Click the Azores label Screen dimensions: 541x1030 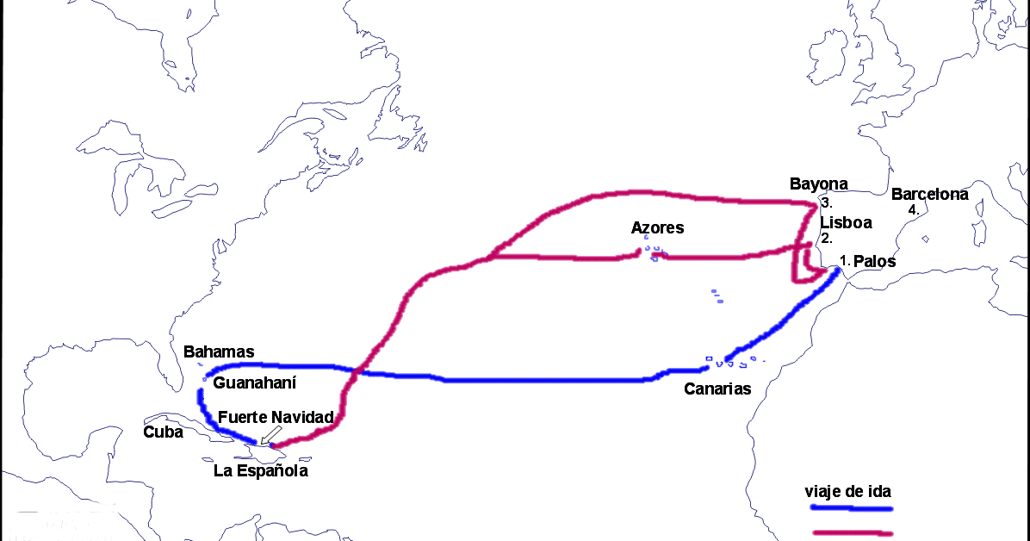(x=657, y=228)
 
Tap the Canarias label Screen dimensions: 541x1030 (x=717, y=389)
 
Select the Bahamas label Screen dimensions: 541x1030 (x=219, y=351)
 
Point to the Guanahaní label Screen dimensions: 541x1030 (x=254, y=382)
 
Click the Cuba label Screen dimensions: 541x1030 (x=163, y=432)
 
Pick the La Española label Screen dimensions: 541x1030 (x=260, y=471)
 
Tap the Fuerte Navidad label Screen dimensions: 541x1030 (x=276, y=417)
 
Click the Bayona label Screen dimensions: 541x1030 (x=818, y=183)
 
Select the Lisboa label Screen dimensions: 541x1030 (x=845, y=222)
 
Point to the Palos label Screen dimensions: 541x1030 (x=874, y=261)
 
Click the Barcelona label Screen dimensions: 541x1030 (x=929, y=194)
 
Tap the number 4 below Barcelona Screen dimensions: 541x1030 (x=914, y=209)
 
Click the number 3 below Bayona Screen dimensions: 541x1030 (x=825, y=203)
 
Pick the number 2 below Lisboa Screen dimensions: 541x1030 (x=825, y=239)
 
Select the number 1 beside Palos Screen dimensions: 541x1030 (x=845, y=259)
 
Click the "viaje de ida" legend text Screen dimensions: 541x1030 (x=847, y=492)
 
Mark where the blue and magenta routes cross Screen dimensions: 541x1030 (x=356, y=371)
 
